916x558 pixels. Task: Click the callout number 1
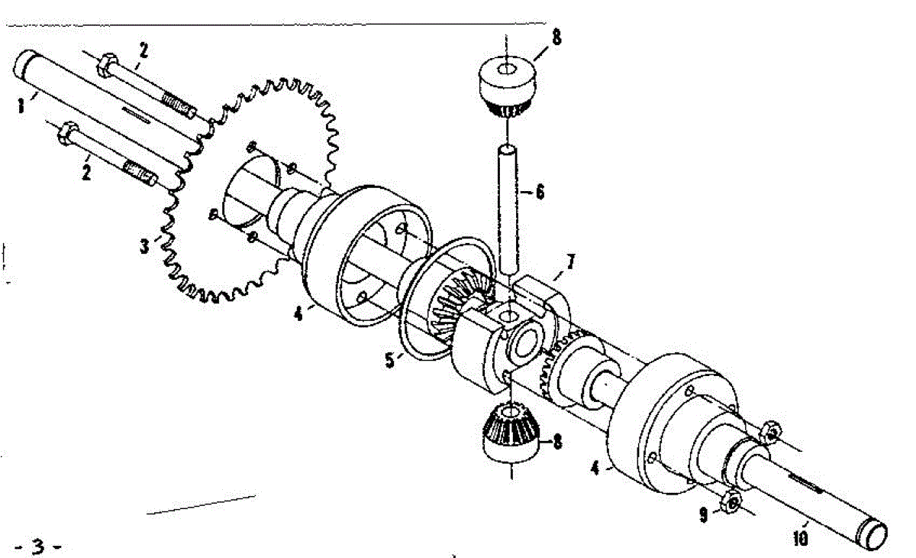[21, 106]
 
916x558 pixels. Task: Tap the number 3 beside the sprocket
[144, 246]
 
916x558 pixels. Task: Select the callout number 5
[390, 360]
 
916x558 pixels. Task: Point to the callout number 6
[540, 192]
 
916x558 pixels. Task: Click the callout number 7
[570, 262]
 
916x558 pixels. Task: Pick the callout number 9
[703, 514]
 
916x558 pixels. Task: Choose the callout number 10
[800, 538]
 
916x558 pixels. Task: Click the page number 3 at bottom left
[38, 546]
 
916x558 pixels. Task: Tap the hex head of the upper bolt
[107, 66]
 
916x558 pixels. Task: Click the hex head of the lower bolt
[67, 134]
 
